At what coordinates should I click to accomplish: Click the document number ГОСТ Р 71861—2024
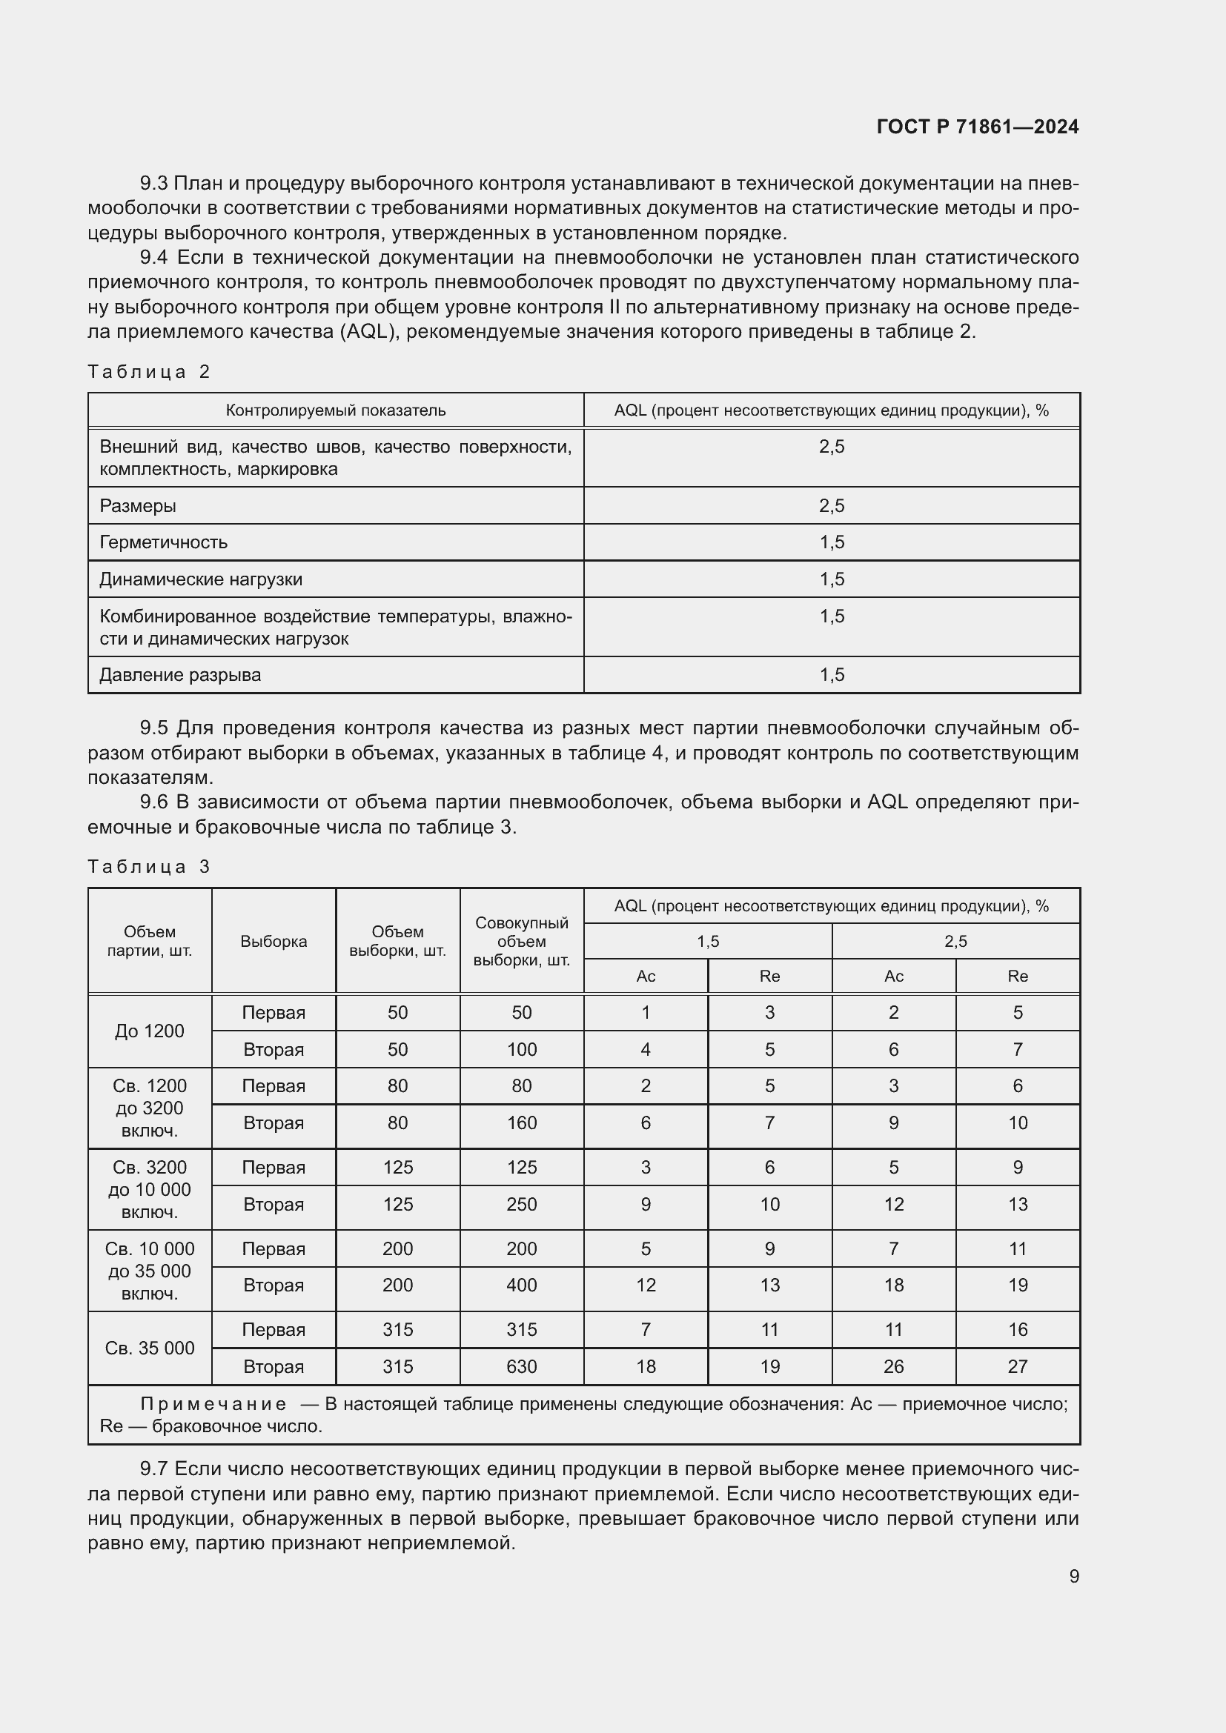[x=977, y=127]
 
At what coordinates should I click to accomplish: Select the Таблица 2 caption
[x=149, y=371]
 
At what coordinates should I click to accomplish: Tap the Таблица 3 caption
[x=149, y=867]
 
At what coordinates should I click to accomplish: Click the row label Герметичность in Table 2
[x=163, y=542]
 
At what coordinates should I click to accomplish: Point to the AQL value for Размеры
[x=831, y=506]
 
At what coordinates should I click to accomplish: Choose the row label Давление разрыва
[x=179, y=675]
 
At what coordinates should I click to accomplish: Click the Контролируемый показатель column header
[x=335, y=410]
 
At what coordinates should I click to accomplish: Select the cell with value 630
[x=521, y=1366]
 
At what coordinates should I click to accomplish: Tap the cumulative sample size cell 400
[x=521, y=1285]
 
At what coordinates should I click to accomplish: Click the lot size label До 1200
[x=150, y=1031]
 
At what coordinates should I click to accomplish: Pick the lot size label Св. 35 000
[x=150, y=1348]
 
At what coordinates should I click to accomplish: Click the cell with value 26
[x=893, y=1366]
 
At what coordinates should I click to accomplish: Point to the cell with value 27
[x=1017, y=1366]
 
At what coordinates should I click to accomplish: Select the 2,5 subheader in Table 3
[x=955, y=941]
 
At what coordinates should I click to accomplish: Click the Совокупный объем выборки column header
[x=521, y=941]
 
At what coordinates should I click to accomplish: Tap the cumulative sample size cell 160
[x=521, y=1122]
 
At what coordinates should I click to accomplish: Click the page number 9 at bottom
[x=1073, y=1576]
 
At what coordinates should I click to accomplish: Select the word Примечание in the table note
[x=213, y=1404]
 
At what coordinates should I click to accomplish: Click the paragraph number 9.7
[x=154, y=1468]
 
